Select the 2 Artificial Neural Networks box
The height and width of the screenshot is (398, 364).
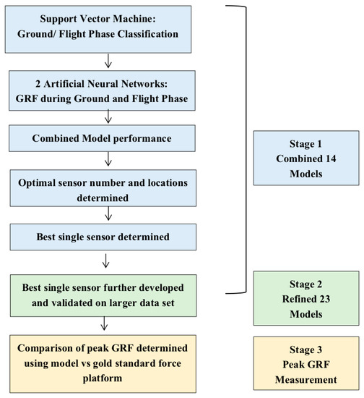(x=107, y=89)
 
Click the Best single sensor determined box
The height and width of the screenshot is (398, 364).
(x=107, y=235)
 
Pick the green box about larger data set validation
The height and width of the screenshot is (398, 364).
(x=107, y=291)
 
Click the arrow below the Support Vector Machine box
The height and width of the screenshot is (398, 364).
(x=107, y=57)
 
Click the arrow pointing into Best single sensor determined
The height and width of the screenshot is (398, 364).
(x=107, y=213)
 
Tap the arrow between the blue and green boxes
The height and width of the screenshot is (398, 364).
(x=107, y=260)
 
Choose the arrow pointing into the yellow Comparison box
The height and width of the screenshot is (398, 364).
(x=107, y=321)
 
